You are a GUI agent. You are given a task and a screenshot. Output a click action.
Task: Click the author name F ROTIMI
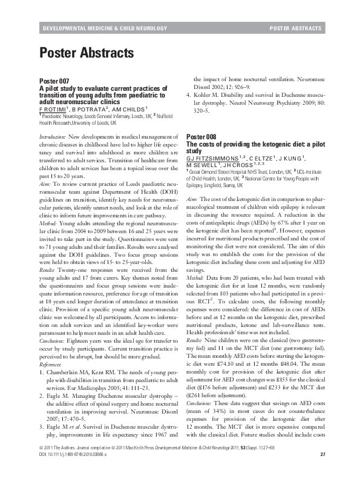(54, 108)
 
